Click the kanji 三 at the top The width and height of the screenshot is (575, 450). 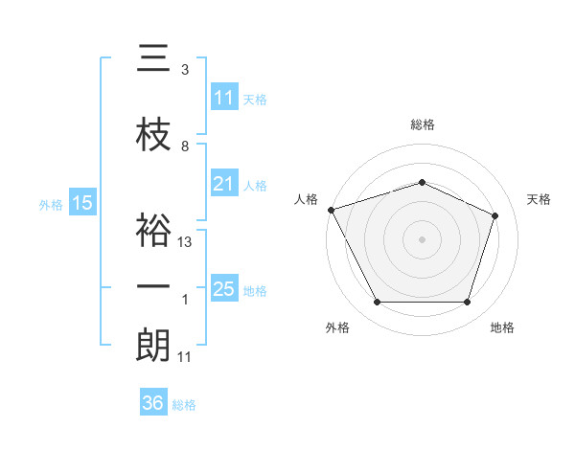(x=153, y=57)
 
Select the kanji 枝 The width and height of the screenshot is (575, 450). (x=153, y=134)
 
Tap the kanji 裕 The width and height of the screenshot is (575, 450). (x=153, y=230)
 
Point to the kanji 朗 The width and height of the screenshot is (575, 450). (x=153, y=345)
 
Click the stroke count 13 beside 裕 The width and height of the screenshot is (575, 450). (x=184, y=242)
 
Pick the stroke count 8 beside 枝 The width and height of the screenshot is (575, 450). (x=185, y=146)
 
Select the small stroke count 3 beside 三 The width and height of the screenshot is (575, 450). (x=185, y=70)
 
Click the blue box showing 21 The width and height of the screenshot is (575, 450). (x=224, y=183)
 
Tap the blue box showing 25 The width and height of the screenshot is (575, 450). (x=224, y=287)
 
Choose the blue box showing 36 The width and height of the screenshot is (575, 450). (x=153, y=401)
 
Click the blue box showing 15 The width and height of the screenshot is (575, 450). (x=82, y=202)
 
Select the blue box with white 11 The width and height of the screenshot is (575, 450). (x=224, y=97)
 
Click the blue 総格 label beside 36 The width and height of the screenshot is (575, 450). (x=184, y=405)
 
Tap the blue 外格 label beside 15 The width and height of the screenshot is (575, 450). (x=51, y=205)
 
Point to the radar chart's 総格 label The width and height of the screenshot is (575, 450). (x=423, y=124)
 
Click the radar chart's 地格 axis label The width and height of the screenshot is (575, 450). (x=502, y=327)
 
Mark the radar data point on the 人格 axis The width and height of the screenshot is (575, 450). (x=332, y=210)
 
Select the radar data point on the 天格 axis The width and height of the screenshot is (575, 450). (x=494, y=215)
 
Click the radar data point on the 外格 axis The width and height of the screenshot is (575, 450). (x=378, y=302)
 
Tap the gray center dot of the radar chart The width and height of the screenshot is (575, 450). (x=422, y=239)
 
